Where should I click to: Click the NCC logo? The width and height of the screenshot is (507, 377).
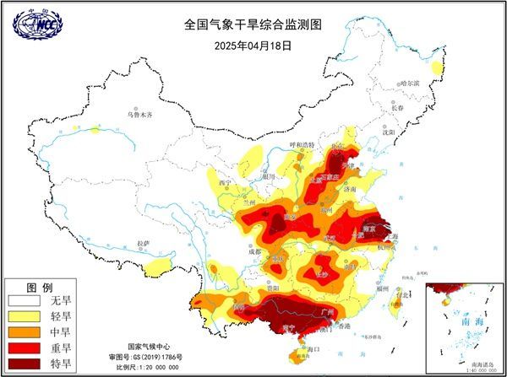click(37, 24)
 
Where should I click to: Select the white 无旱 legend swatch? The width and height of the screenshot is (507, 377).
click(25, 300)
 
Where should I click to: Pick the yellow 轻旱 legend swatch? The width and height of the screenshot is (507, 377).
click(25, 316)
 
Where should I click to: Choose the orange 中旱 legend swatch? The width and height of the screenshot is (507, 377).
click(25, 332)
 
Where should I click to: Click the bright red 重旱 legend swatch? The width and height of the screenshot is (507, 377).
click(25, 348)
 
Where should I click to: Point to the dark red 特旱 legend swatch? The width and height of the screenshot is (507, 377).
click(25, 364)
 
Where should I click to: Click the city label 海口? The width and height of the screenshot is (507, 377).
click(314, 347)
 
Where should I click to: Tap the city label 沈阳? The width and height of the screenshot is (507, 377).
click(388, 132)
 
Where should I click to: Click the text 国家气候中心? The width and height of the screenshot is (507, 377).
click(150, 347)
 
